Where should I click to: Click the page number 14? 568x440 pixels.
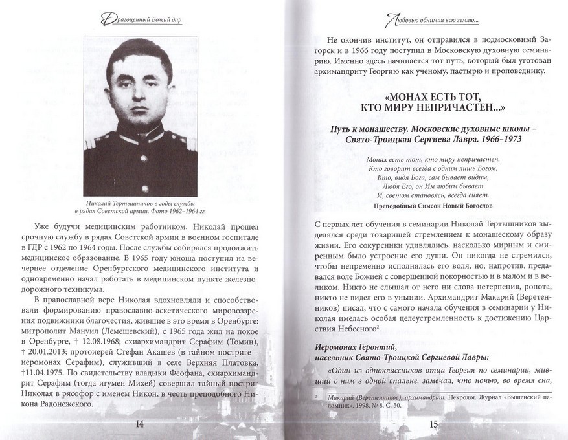pyautogui.click(x=139, y=424)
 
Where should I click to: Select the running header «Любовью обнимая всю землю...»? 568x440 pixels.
pyautogui.click(x=432, y=21)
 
